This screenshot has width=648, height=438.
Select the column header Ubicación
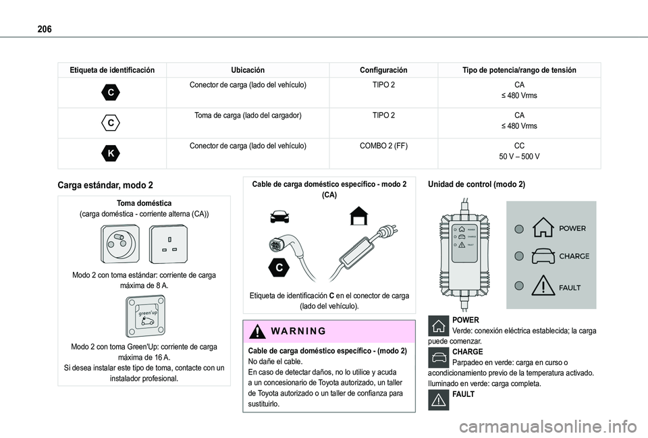tap(248, 70)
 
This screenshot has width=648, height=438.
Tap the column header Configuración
tap(383, 70)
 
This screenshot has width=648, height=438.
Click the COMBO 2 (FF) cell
tap(383, 146)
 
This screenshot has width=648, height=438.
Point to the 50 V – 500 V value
tap(519, 157)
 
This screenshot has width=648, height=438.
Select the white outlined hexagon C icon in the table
tap(111, 123)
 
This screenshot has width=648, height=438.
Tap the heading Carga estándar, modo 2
tap(105, 185)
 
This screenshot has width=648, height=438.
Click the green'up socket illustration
tap(145, 316)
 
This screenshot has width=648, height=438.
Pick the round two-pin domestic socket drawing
tap(119, 244)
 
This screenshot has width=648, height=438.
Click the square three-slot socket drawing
tap(169, 244)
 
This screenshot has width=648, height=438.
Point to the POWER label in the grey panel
tap(572, 229)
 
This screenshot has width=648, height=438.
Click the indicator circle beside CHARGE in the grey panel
tap(518, 256)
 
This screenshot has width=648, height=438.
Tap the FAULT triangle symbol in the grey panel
tap(543, 285)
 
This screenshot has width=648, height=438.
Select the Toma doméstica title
tap(144, 203)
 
